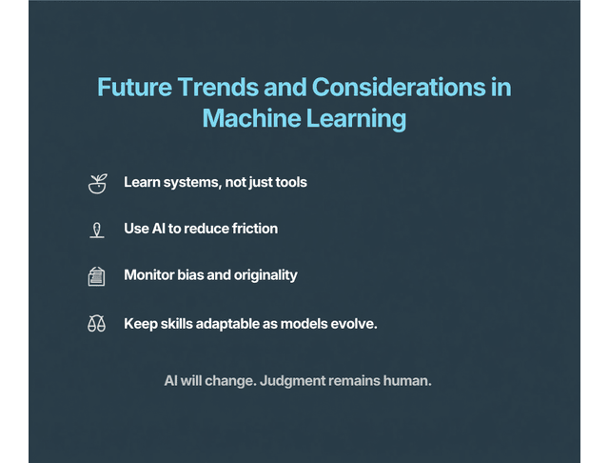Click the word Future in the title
(134, 88)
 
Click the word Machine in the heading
(250, 119)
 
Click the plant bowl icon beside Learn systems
(96, 183)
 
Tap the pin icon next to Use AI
(96, 230)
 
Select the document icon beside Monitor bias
(96, 276)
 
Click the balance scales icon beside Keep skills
(96, 324)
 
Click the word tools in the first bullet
(289, 182)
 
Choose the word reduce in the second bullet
(206, 229)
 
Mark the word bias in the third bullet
(193, 275)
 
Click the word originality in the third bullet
(265, 275)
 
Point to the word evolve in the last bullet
(355, 323)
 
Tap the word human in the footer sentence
(410, 381)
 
